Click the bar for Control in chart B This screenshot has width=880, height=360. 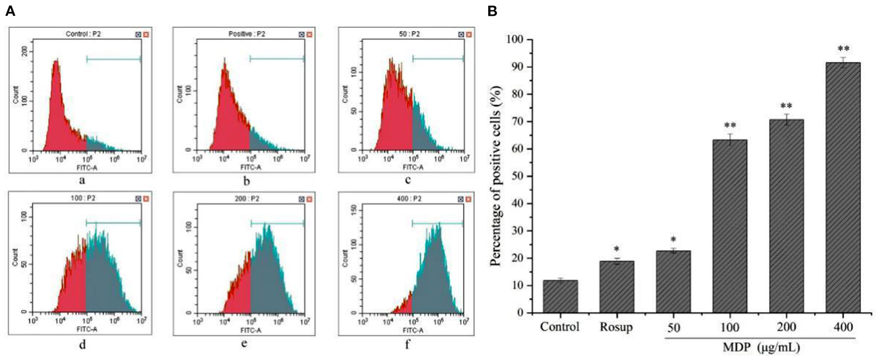560,296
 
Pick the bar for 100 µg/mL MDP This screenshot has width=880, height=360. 730,226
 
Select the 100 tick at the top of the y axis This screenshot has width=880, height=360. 515,40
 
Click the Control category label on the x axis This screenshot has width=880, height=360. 560,327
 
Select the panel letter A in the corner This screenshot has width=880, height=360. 10,11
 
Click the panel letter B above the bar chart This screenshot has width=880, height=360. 492,11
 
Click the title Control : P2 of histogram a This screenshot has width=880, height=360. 83,34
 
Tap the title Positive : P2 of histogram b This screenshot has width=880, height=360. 246,34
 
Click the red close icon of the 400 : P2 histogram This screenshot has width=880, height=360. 468,199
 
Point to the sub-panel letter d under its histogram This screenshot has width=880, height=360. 82,344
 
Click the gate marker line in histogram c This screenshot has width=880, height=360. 438,59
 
